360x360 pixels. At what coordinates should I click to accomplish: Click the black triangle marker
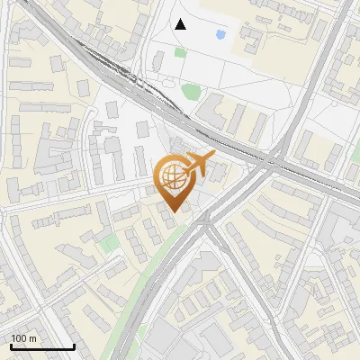pyautogui.click(x=181, y=24)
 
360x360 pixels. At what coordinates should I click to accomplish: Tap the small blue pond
pyautogui.click(x=220, y=35)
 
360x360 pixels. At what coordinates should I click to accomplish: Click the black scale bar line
pyautogui.click(x=42, y=346)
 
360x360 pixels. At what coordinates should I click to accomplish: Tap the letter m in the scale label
pyautogui.click(x=32, y=338)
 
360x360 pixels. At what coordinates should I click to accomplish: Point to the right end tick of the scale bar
pyautogui.click(x=74, y=345)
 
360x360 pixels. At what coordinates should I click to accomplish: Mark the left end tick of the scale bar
pyautogui.click(x=10, y=345)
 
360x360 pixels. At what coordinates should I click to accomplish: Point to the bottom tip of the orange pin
pyautogui.click(x=172, y=212)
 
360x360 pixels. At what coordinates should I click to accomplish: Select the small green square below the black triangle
pyautogui.click(x=180, y=52)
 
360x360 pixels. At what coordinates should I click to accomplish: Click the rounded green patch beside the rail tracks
pyautogui.click(x=190, y=90)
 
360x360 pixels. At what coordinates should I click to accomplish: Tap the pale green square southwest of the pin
pyautogui.click(x=109, y=244)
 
